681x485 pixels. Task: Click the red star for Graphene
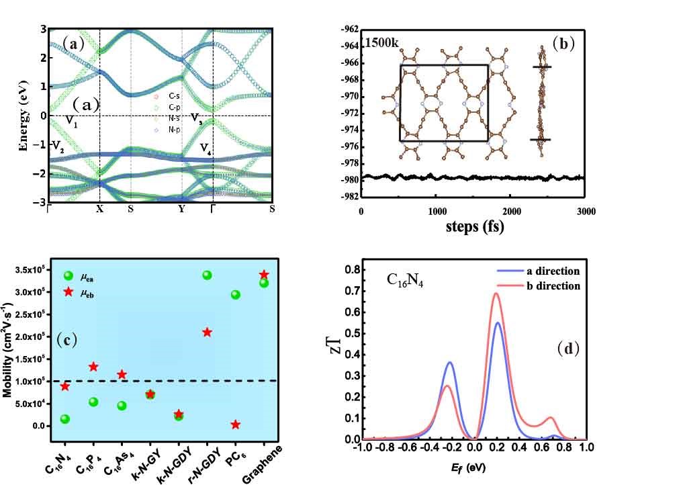[x=264, y=274]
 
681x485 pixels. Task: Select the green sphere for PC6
[x=236, y=294]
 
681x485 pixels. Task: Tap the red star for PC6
[x=236, y=425]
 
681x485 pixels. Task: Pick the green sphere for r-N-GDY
[x=208, y=275]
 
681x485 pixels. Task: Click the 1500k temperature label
[x=381, y=42]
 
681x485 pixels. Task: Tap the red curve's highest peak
[x=496, y=293]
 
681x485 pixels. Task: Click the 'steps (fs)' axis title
[x=473, y=227]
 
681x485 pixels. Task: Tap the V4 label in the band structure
[x=208, y=148]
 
